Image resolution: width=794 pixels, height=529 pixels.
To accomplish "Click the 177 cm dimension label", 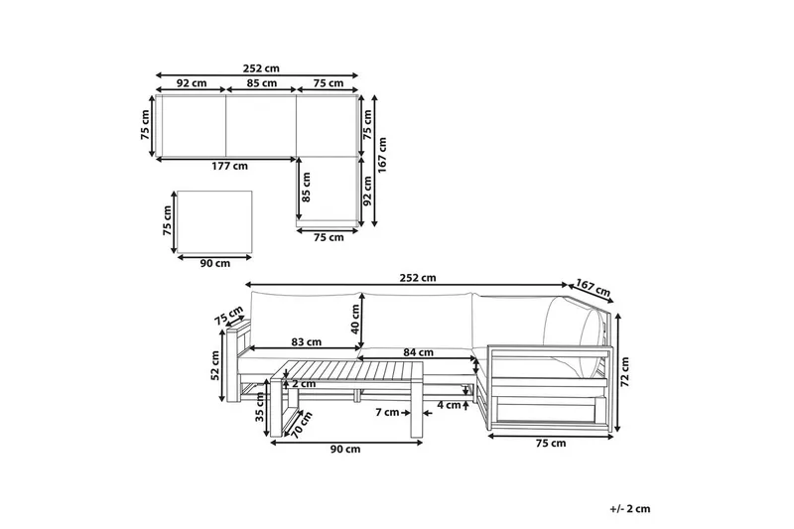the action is coord(229,166).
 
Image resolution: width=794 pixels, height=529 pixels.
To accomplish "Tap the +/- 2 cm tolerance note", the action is coord(630,509).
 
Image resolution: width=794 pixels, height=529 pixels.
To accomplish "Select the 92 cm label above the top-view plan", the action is coord(192,83).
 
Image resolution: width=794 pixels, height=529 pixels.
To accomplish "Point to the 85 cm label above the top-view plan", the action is coord(262,83).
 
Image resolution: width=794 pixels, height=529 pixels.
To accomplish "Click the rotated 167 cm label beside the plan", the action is coord(382,155).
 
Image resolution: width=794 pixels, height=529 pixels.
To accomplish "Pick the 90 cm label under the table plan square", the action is coord(215,263).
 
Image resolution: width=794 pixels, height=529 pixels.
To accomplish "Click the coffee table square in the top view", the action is coord(214,221).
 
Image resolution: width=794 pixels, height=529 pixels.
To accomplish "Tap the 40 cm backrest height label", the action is coord(355,319).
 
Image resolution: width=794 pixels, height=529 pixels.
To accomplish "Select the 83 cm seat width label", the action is coord(307,342).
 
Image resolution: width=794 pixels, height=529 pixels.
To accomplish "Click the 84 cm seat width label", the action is coord(418,352).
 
